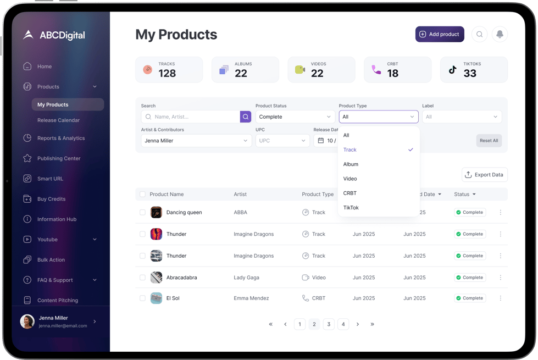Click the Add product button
click(x=440, y=34)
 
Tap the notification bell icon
click(x=500, y=34)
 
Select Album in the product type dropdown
click(x=351, y=164)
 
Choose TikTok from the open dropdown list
click(x=351, y=208)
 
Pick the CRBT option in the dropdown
click(x=350, y=193)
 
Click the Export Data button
click(x=484, y=175)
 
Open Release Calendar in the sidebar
click(x=58, y=120)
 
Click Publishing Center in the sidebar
click(x=59, y=158)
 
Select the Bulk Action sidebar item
click(x=51, y=260)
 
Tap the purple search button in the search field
click(x=246, y=117)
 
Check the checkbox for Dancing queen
click(x=142, y=212)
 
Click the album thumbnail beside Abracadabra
click(x=156, y=278)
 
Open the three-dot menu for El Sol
click(x=500, y=298)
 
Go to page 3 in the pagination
click(x=329, y=324)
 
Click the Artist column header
click(x=240, y=195)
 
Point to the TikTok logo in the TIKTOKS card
click(x=452, y=70)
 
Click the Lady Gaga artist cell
click(x=246, y=278)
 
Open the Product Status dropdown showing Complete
click(x=295, y=117)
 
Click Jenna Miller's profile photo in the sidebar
click(x=27, y=322)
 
